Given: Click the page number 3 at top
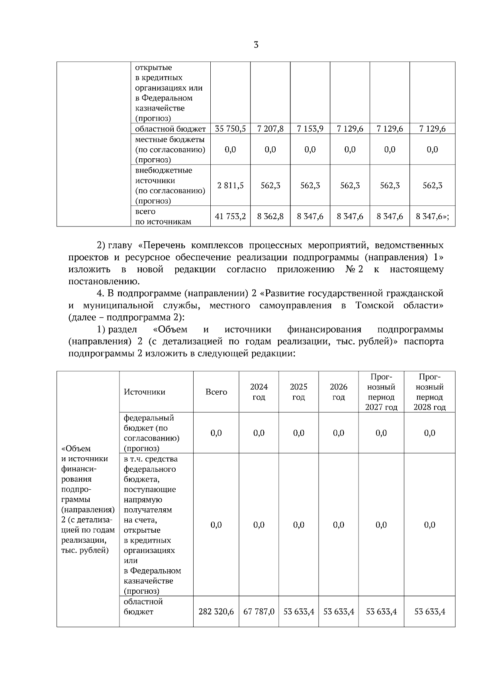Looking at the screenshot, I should [x=256, y=45].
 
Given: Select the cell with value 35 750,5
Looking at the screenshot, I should [x=230, y=129].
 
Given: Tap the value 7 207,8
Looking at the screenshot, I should [x=270, y=129].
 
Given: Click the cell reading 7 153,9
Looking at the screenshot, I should [x=310, y=129].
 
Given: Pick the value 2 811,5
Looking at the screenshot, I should [x=230, y=185].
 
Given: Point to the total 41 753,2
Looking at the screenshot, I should [x=230, y=216].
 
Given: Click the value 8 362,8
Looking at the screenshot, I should [x=270, y=216].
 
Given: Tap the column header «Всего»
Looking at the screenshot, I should [x=216, y=392].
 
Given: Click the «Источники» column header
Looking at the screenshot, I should [x=145, y=392].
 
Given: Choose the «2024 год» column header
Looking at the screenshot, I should [x=259, y=392].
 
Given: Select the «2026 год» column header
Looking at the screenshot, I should [x=339, y=392].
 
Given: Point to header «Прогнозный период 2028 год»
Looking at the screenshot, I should [x=429, y=392].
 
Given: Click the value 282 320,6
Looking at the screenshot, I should [x=216, y=612].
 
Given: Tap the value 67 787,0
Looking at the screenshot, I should [x=259, y=612].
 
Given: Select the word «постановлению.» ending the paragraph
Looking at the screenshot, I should [x=104, y=281].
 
